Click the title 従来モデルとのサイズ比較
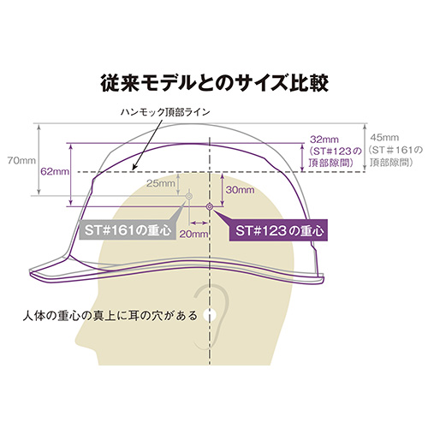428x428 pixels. tap(215, 83)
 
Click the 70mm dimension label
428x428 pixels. tap(21, 161)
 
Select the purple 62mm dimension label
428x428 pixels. tap(55, 172)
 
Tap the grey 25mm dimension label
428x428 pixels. tap(161, 183)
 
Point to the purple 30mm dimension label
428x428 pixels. tap(240, 190)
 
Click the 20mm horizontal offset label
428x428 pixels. tap(193, 234)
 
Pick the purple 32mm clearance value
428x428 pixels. tap(324, 140)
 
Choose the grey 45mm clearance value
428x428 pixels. tap(384, 138)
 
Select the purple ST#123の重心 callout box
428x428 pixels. tap(279, 230)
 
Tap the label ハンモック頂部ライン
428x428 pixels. tap(165, 112)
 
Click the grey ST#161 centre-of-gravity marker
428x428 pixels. tap(189, 196)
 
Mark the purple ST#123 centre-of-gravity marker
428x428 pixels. tap(210, 206)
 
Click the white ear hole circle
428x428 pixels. tap(211, 315)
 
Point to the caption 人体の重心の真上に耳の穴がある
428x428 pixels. tap(110, 316)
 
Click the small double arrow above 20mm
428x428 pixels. tap(199, 223)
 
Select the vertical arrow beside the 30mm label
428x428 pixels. tap(223, 189)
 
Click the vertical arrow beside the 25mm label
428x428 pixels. tap(178, 184)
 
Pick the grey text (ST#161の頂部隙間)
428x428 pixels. tap(395, 156)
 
